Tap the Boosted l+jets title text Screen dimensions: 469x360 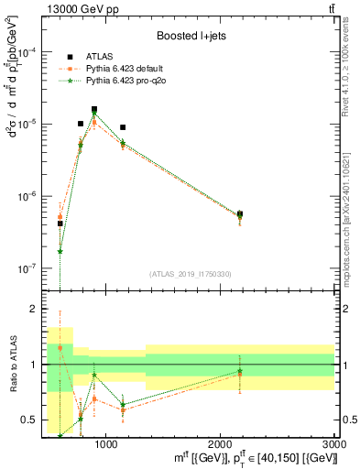click(x=189, y=37)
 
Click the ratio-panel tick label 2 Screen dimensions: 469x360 click(x=35, y=310)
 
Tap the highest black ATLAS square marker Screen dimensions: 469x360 click(x=94, y=109)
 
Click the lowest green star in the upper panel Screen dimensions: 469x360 click(x=60, y=251)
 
